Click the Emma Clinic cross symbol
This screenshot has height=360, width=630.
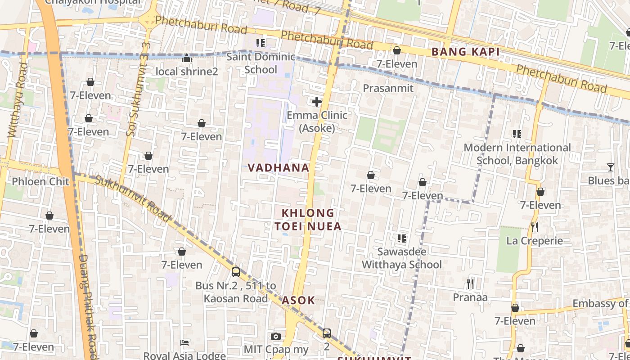coord(317,101)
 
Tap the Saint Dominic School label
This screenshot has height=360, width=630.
coord(261,63)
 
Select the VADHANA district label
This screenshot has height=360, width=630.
coord(279,168)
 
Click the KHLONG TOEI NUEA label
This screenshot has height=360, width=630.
coord(308,219)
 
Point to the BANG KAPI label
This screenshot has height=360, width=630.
coord(465,52)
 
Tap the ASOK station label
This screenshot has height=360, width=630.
coord(298,301)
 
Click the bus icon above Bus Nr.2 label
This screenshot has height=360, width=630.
coord(236,272)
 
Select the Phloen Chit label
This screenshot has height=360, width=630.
coord(40,181)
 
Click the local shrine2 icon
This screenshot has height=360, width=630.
coord(187,58)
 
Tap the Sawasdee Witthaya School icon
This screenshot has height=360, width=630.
coord(402,238)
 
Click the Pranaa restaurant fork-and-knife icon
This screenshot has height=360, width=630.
coord(470,283)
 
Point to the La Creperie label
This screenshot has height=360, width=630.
coord(535,241)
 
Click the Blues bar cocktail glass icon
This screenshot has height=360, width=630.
coord(610,167)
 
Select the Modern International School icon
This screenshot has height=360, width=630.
coord(517,134)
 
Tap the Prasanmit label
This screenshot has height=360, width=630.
coord(388,88)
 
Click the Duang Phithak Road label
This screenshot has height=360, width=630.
coord(88,306)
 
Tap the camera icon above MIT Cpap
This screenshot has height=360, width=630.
coord(276,336)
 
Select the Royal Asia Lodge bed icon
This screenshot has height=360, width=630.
coord(184,343)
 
